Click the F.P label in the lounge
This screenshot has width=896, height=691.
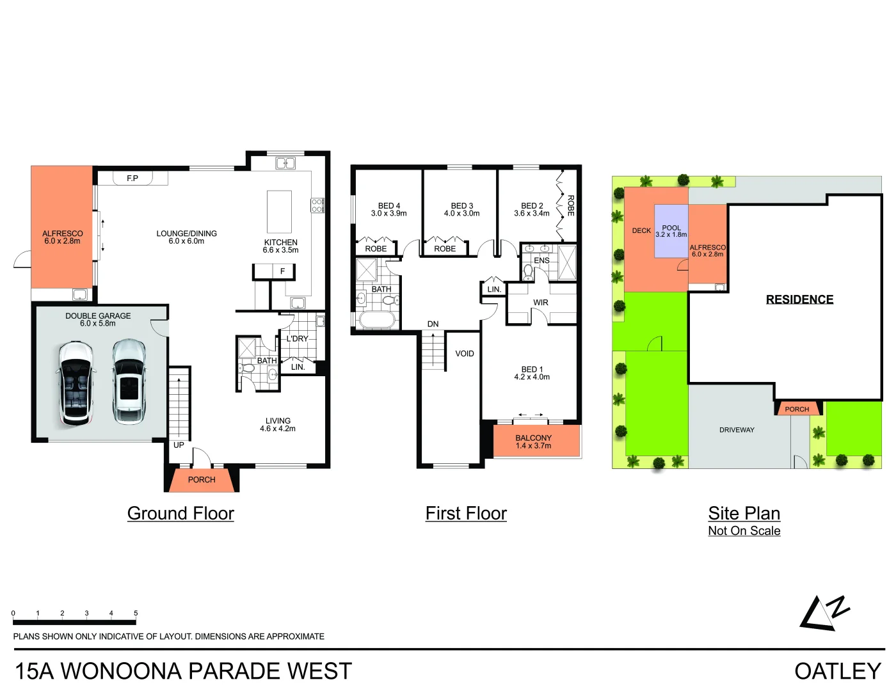pos(132,178)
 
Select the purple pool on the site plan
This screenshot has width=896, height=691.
pos(671,231)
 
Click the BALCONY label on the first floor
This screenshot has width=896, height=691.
pos(533,438)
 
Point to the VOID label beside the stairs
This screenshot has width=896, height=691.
pos(465,354)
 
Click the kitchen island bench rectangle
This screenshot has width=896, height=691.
pos(279,212)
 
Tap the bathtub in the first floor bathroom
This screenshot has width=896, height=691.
pos(378,320)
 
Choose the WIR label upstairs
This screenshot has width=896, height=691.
pos(541,303)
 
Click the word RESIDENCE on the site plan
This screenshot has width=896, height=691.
pos(799,299)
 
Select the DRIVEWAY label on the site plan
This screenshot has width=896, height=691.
pos(737,430)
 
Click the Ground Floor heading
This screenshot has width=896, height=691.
pos(180,513)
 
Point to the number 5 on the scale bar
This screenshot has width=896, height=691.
pos(136,613)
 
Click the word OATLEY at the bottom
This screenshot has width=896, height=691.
pos(838,671)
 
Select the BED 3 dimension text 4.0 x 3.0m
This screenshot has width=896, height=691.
pos(462,214)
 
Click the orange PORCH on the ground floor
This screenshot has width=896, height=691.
pos(202,480)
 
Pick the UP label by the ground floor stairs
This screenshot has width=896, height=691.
pos(179,445)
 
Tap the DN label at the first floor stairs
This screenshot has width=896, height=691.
pos(433,324)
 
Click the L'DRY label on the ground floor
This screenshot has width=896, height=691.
pos(298,338)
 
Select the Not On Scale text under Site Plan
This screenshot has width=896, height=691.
pos(744,530)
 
